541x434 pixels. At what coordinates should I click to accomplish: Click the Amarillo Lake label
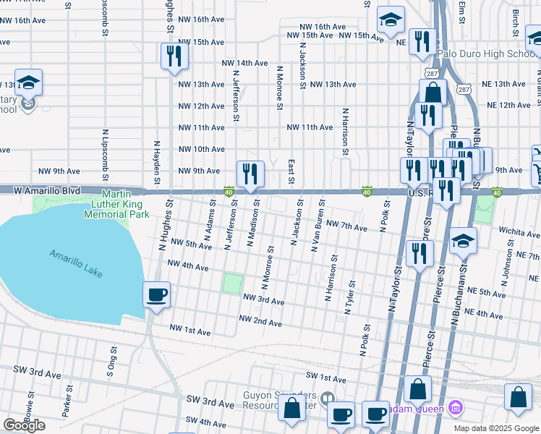pos(76,263)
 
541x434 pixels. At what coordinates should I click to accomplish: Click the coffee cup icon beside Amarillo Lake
pos(157,295)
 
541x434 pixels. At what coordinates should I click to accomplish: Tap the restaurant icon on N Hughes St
pos(174,56)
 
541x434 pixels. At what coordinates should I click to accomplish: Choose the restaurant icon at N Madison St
pos(250,174)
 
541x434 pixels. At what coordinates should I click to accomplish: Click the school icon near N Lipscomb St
pos(28,82)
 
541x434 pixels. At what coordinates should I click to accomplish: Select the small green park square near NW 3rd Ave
pos(232,283)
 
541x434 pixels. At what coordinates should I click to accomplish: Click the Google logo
pos(24,425)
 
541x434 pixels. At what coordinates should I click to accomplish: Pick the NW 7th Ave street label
pos(347,226)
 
